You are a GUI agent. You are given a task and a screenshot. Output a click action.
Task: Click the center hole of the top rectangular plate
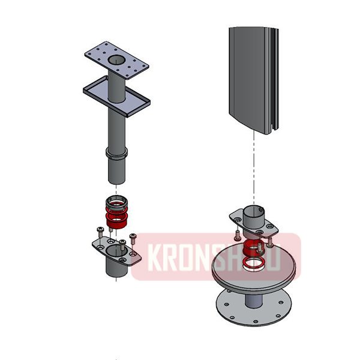point(116,61)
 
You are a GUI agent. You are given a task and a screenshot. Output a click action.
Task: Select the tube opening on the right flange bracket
point(255,212)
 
